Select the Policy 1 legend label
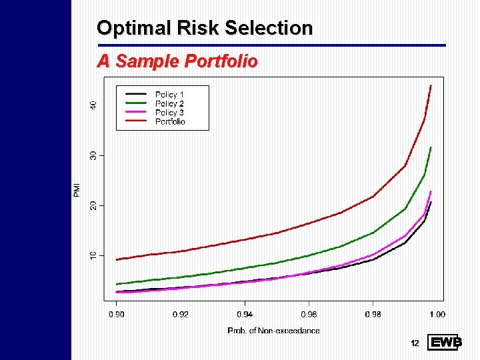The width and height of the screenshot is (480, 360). point(169,95)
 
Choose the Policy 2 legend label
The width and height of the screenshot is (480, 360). point(169,103)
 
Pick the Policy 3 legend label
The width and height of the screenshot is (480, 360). point(169,113)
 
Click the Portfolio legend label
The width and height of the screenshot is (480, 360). point(170,121)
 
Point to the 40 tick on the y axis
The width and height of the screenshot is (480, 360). point(93,105)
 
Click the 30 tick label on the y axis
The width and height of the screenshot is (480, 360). point(93,155)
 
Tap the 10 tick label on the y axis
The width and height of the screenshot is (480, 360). point(93,255)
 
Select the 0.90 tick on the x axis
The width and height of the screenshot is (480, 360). point(116,313)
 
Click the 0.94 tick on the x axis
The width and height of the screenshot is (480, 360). point(245,313)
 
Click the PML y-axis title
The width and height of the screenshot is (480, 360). point(77,189)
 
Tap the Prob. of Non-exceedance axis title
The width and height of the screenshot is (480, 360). point(273,330)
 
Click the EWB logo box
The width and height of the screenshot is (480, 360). point(443,343)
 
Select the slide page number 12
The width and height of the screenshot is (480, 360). point(415,343)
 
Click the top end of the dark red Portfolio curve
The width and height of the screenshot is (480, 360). point(431,86)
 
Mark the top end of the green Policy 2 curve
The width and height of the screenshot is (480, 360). point(431,147)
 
